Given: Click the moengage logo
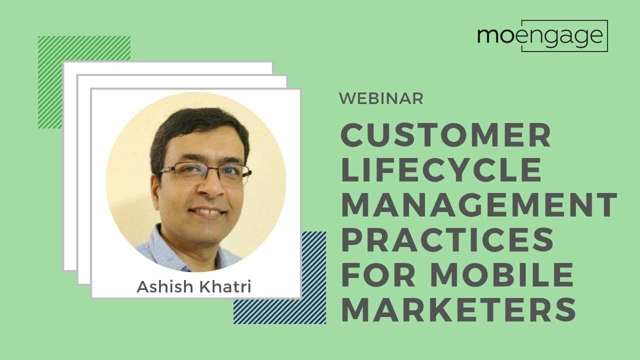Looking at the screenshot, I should point(542,36).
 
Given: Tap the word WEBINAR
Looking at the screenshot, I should point(381,98).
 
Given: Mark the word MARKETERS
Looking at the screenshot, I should point(458,309).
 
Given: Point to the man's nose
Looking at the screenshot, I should point(209,190).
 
